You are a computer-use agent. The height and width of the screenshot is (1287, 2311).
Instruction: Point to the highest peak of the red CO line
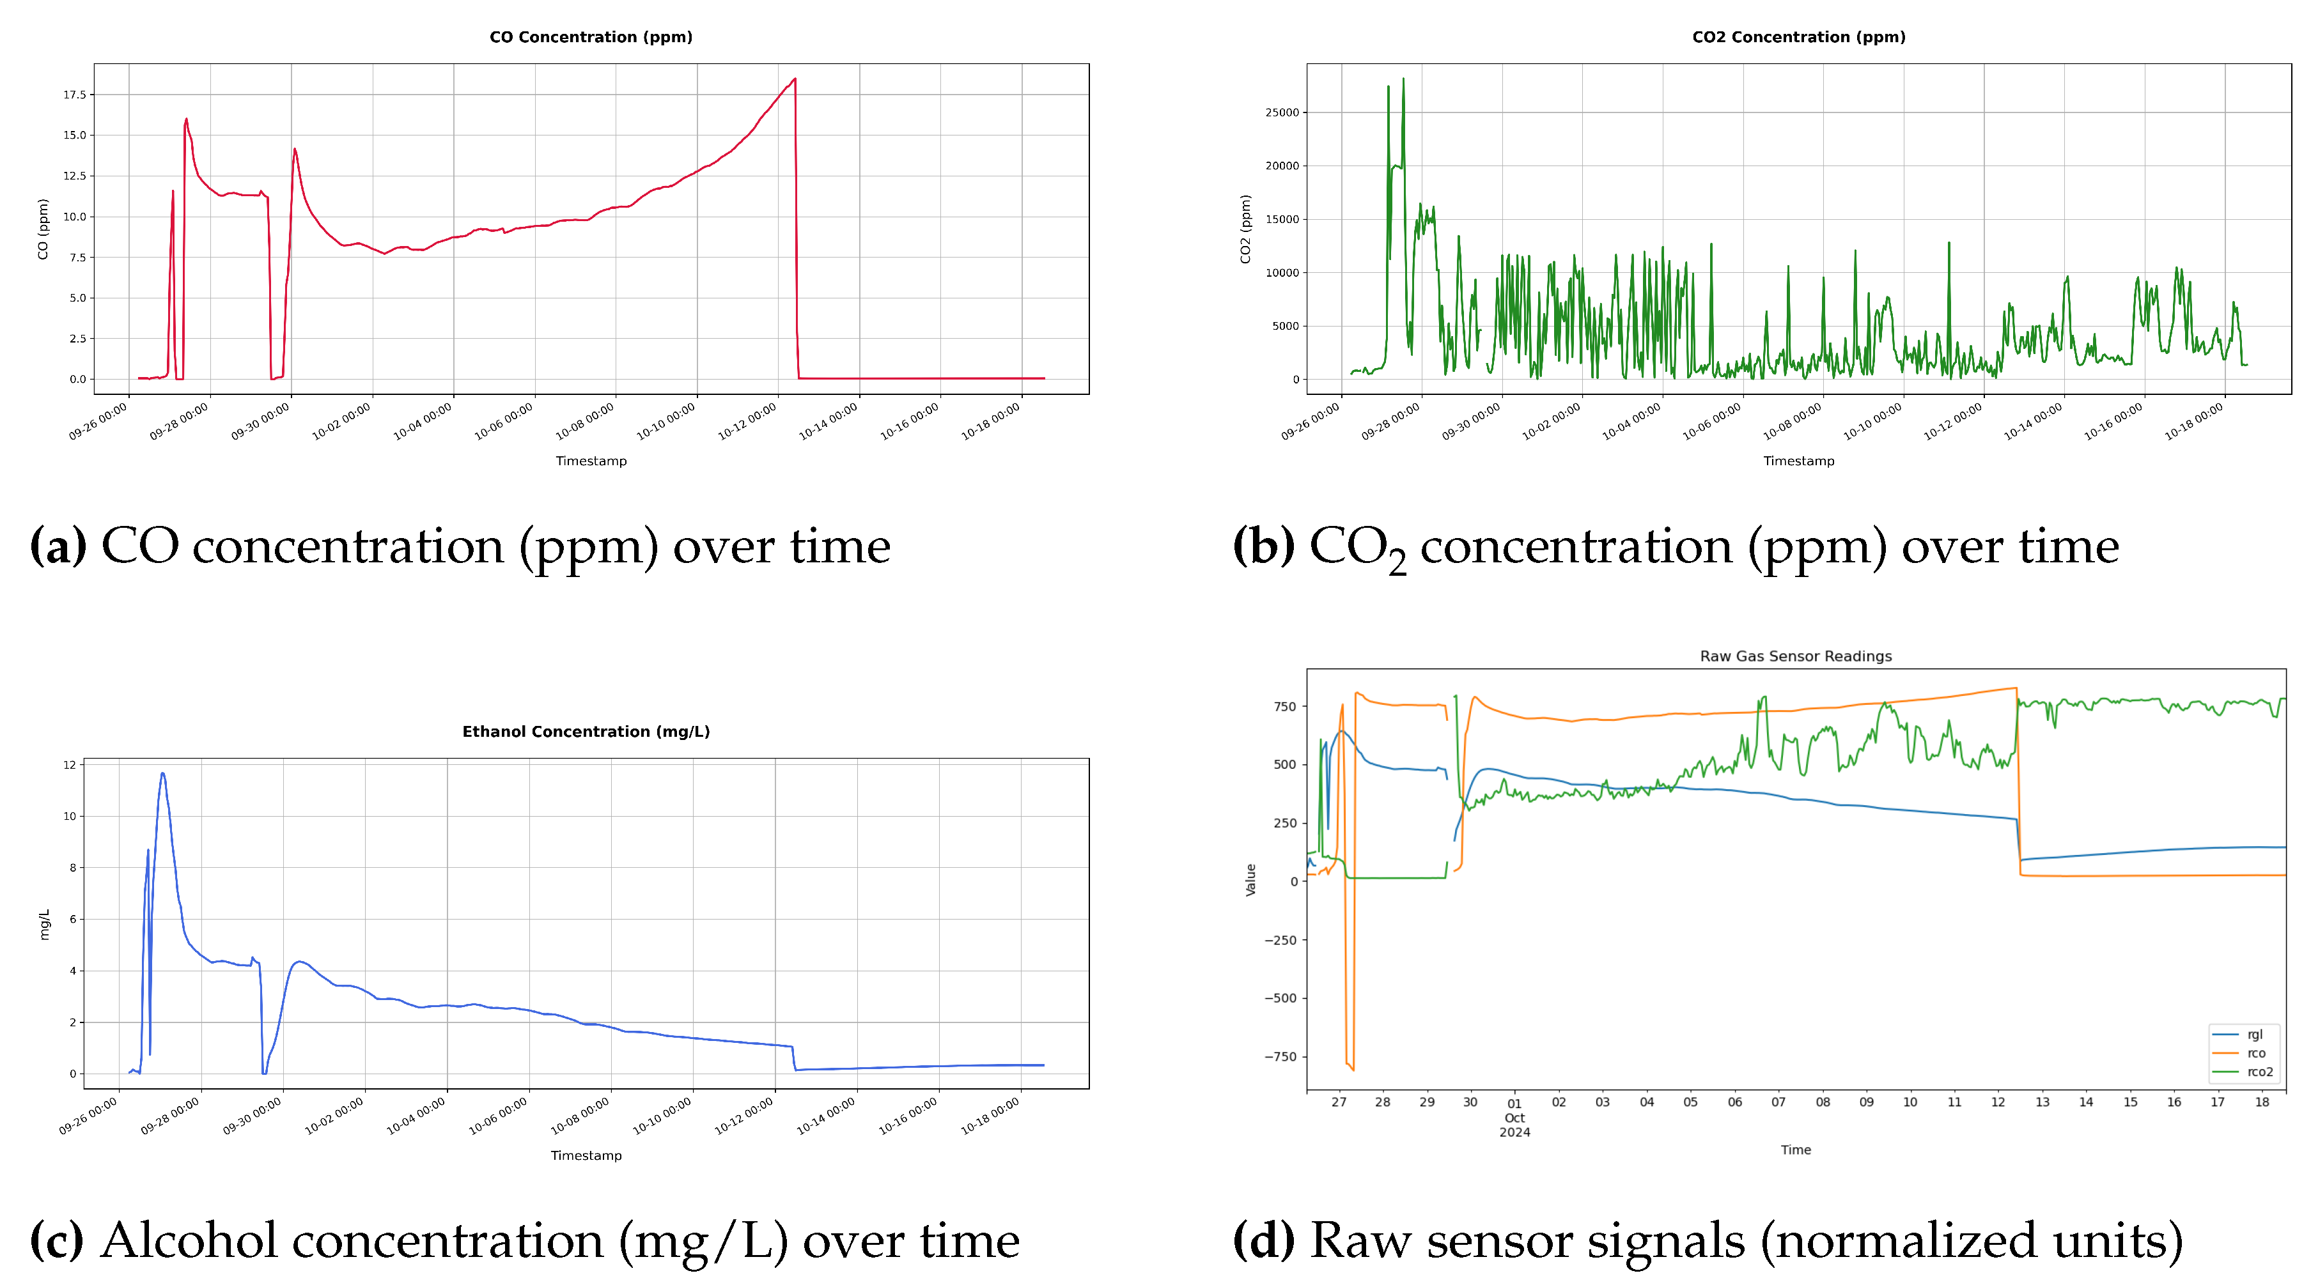click(x=794, y=80)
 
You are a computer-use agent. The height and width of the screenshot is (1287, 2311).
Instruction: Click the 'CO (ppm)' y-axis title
click(x=42, y=229)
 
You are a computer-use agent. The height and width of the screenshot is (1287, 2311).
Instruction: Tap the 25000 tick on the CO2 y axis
click(x=1281, y=112)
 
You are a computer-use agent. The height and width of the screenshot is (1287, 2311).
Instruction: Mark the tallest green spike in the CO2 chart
click(x=1403, y=80)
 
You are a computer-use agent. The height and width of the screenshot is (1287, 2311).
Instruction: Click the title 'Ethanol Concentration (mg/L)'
click(x=586, y=731)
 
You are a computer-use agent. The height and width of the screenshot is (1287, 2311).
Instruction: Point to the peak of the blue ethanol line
click(x=162, y=773)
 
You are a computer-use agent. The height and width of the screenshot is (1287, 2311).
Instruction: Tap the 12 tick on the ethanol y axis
click(x=69, y=764)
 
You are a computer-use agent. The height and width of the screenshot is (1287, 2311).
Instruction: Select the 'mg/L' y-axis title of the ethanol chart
click(x=45, y=924)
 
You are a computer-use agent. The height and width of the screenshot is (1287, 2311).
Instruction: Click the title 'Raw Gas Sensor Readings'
click(x=1795, y=656)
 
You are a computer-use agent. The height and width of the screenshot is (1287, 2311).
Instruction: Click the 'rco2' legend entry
click(x=2259, y=1072)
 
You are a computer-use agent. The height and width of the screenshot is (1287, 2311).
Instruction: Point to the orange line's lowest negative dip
click(x=1352, y=1068)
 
